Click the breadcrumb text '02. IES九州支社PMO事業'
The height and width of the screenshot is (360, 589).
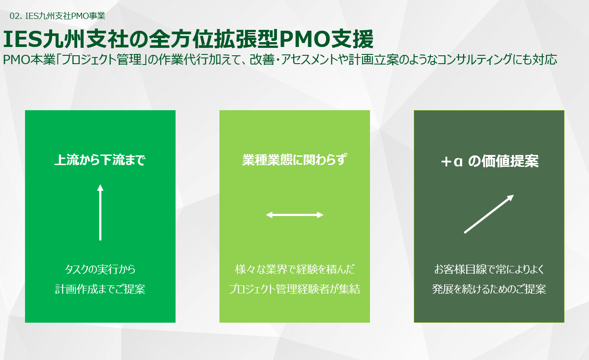[57, 16]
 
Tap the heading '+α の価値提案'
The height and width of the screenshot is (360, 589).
[489, 162]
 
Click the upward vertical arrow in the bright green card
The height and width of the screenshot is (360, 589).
[100, 212]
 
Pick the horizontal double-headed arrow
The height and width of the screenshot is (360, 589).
[294, 215]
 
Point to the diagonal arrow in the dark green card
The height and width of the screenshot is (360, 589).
[488, 214]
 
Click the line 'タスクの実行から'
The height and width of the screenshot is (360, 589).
[100, 269]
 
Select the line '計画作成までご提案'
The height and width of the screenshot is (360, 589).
[100, 289]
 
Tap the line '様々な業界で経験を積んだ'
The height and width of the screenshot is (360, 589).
[294, 269]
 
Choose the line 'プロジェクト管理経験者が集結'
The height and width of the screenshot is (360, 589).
[294, 289]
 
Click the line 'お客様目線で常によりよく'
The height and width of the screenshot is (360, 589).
[489, 269]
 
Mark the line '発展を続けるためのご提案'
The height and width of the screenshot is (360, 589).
[489, 289]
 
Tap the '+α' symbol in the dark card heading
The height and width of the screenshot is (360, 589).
[452, 162]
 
